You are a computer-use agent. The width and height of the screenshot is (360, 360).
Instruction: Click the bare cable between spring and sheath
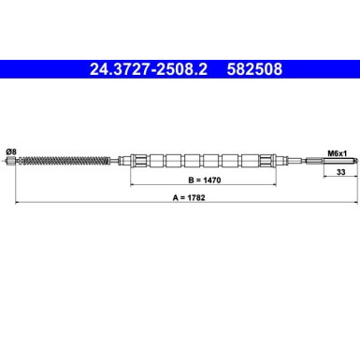click(x=116, y=160)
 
